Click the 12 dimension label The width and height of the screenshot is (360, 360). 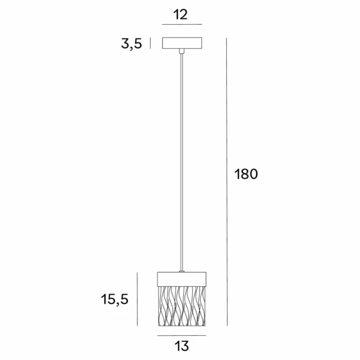pyautogui.click(x=181, y=15)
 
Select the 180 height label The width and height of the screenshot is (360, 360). pyautogui.click(x=246, y=174)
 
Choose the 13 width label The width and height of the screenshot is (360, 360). pyautogui.click(x=182, y=345)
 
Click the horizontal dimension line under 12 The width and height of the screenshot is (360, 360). pyautogui.click(x=181, y=25)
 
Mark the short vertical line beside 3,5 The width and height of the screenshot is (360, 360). pyautogui.click(x=150, y=43)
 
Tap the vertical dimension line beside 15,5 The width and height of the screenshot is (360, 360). pyautogui.click(x=138, y=299)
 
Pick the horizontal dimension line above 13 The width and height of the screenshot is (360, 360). pyautogui.click(x=181, y=335)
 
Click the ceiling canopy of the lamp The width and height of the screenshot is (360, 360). pyautogui.click(x=181, y=43)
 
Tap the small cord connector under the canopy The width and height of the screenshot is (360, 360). pyautogui.click(x=181, y=51)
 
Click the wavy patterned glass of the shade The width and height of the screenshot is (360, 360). pyautogui.click(x=181, y=306)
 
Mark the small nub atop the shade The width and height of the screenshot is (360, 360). pyautogui.click(x=181, y=272)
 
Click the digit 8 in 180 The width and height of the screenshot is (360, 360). pyautogui.click(x=245, y=174)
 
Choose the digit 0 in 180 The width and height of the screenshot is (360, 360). pyautogui.click(x=253, y=174)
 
